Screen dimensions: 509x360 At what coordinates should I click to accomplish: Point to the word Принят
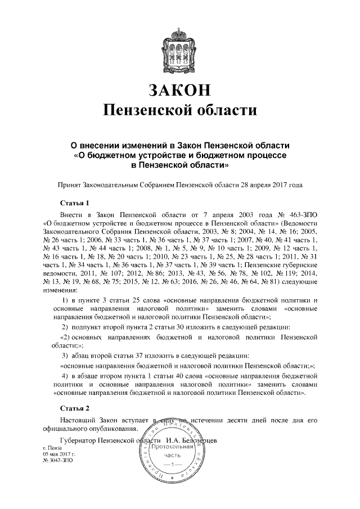(x=71, y=184)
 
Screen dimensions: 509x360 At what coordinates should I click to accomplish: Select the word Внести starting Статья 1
(x=71, y=215)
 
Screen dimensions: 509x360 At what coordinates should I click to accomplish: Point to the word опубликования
(x=109, y=429)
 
